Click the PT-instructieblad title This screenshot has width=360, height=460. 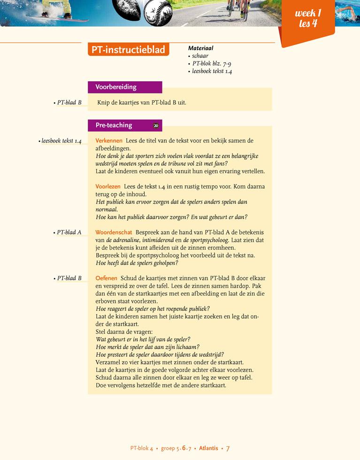coord(128,50)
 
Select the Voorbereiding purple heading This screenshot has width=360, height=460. coord(116,87)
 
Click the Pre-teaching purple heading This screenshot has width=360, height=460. coord(114,125)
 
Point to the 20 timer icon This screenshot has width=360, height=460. coord(156,125)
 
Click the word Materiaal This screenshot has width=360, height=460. coord(200,48)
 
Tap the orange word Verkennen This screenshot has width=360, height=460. coord(109,141)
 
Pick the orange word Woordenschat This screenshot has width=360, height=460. coord(114,232)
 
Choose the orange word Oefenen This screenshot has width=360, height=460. coord(106,278)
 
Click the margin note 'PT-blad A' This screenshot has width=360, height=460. coord(69,232)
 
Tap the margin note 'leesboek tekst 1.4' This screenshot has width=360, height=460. coord(61,141)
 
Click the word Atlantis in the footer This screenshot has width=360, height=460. coord(208,448)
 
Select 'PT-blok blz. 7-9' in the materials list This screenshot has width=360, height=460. coord(211,64)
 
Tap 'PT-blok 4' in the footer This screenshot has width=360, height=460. coord(142,448)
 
